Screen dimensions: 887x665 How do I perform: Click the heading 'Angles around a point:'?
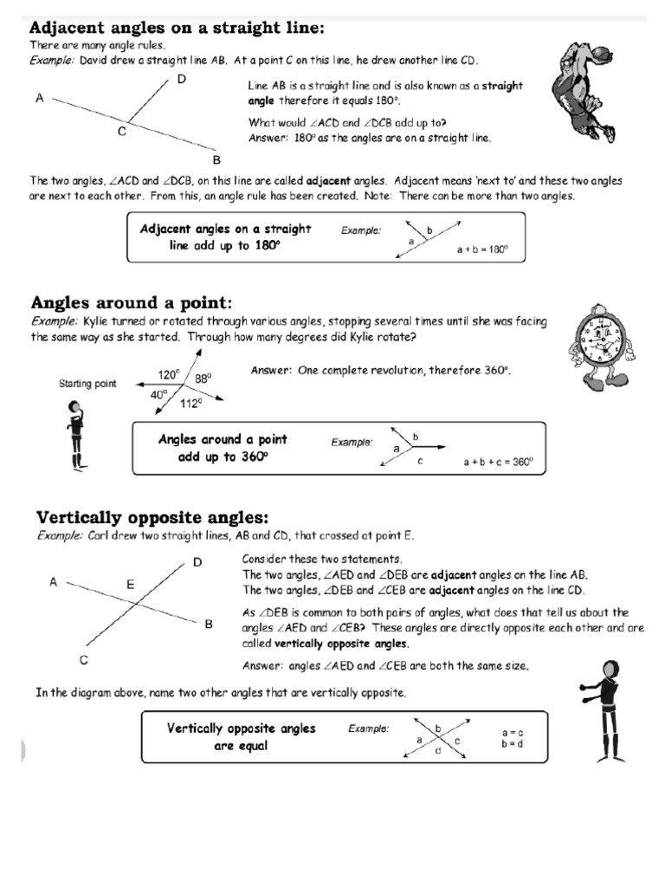[132, 302]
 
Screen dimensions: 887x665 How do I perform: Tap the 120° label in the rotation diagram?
[168, 375]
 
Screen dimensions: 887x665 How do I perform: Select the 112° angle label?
[190, 404]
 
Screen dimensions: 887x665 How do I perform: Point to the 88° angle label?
[203, 379]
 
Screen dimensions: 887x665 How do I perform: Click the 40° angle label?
[159, 394]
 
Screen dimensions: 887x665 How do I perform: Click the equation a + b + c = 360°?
[497, 463]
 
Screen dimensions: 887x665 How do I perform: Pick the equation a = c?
[513, 733]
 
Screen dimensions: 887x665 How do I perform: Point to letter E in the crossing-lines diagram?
[131, 585]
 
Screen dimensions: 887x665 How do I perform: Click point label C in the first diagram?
[122, 132]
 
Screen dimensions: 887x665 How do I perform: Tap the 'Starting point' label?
[87, 384]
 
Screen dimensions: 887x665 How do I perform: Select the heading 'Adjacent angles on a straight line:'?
[178, 28]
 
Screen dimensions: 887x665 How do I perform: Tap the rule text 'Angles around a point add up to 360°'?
[223, 448]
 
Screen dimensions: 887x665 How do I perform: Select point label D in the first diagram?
[182, 81]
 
